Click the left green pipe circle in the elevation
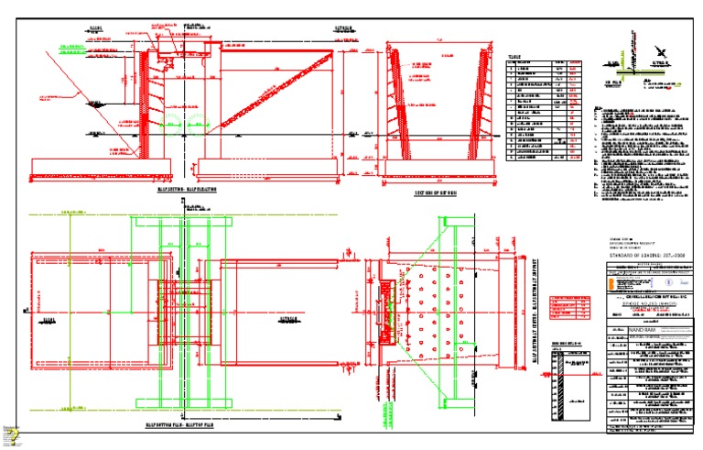pyautogui.click(x=167, y=122)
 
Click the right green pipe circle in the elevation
pyautogui.click(x=195, y=122)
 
